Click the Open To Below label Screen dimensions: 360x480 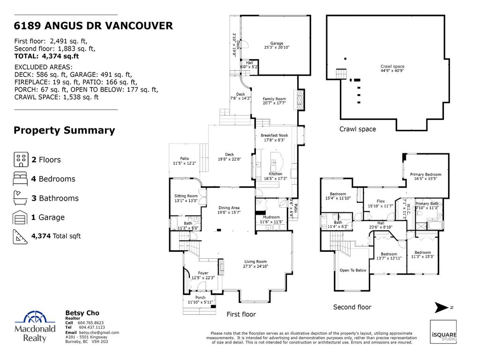click(353, 270)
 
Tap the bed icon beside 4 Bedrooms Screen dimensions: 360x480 click(21, 179)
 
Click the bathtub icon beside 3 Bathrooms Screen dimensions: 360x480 click(21, 198)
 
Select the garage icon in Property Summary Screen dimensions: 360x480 click(21, 217)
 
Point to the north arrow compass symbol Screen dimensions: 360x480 click(442, 307)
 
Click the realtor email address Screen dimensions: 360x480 click(92, 332)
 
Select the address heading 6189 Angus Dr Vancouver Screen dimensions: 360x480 click(93, 26)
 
